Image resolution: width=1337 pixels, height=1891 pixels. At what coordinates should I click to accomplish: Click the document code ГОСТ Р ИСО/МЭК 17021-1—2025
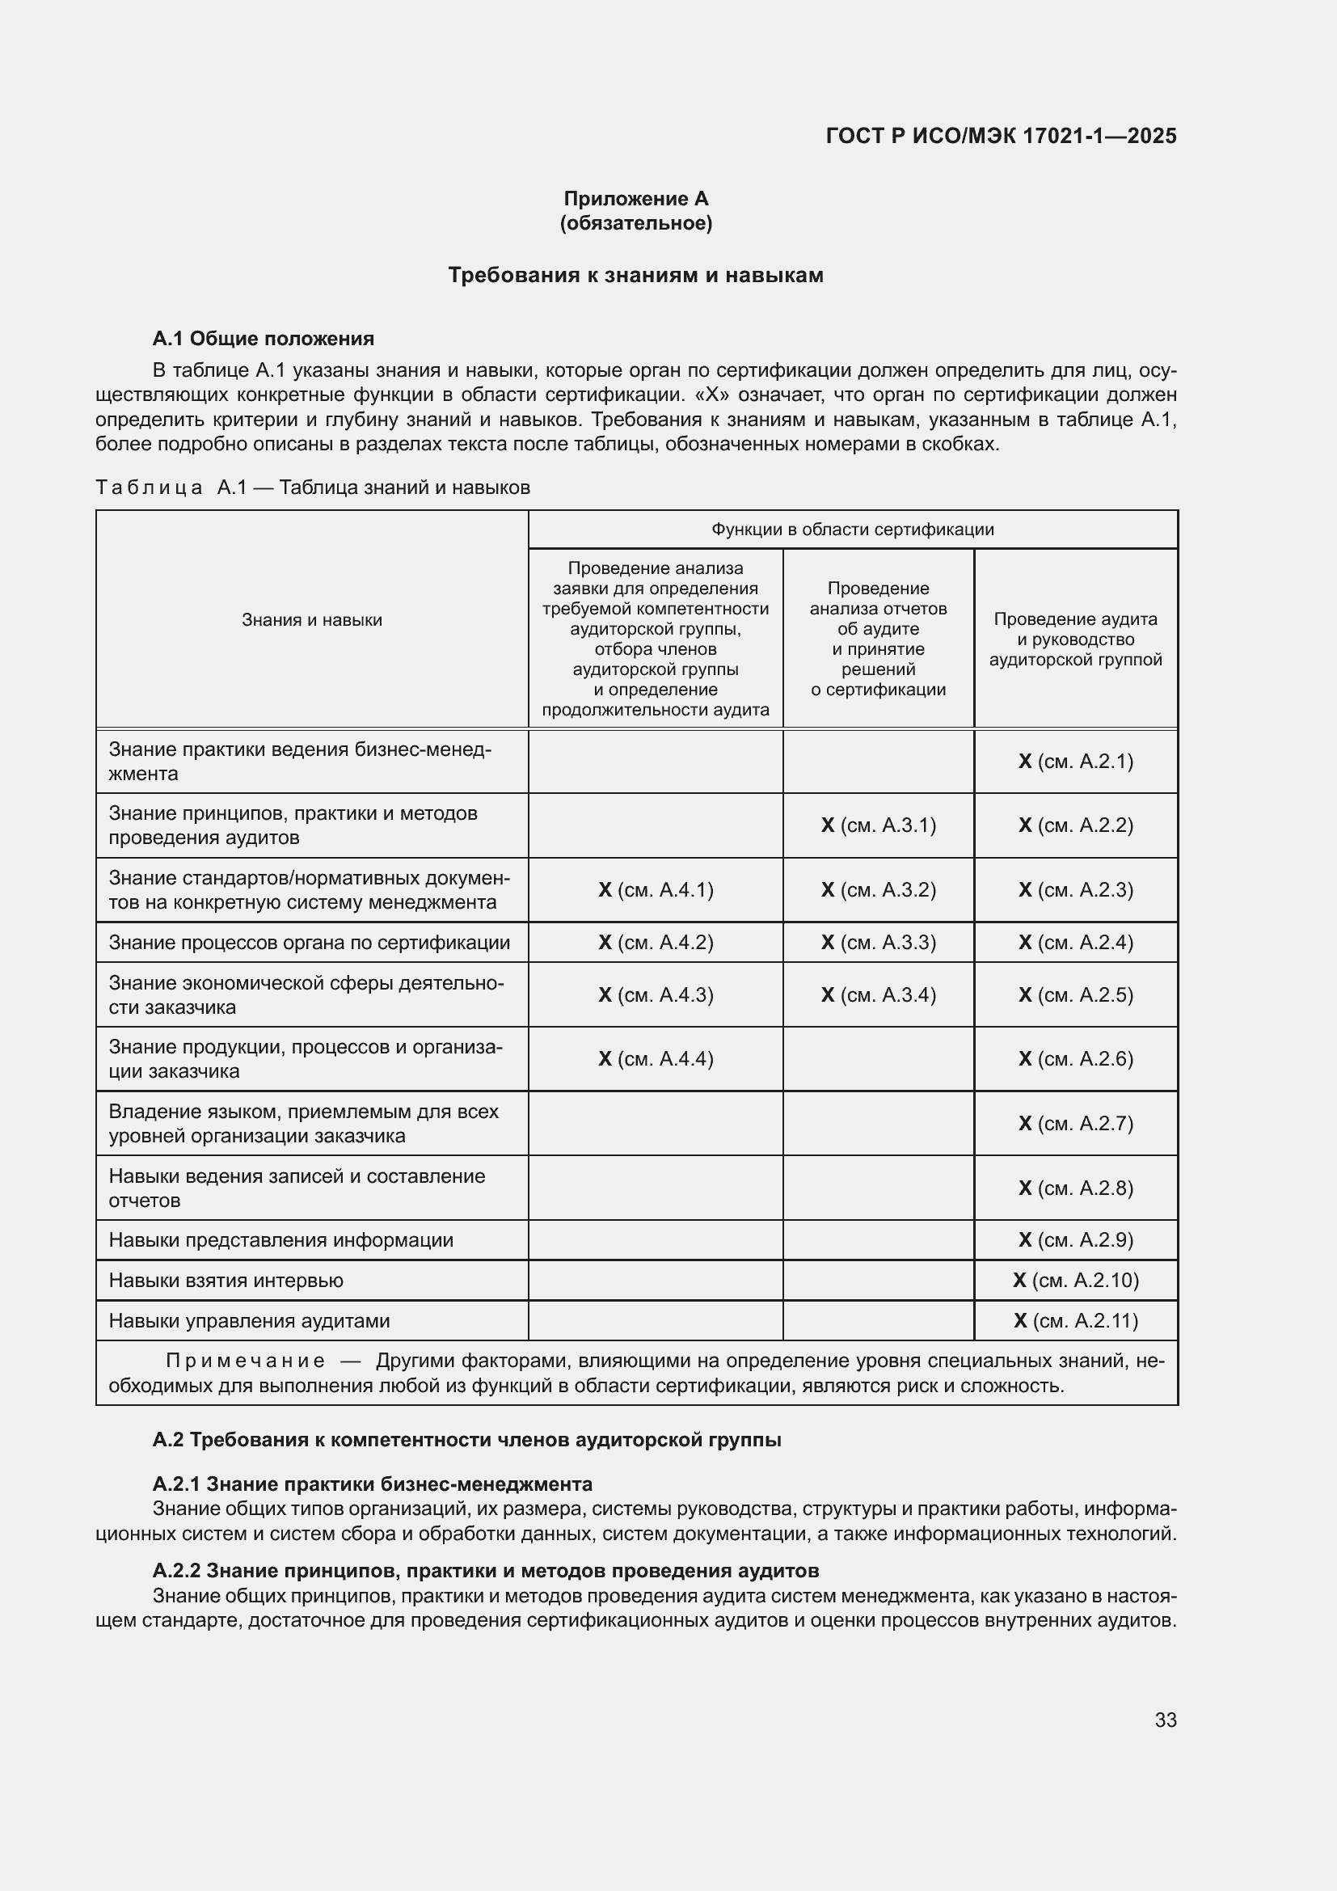pyautogui.click(x=1000, y=136)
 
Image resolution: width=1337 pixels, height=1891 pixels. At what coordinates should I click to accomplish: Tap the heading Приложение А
pyautogui.click(x=635, y=199)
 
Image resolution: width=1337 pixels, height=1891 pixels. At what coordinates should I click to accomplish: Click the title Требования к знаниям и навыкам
pyautogui.click(x=635, y=275)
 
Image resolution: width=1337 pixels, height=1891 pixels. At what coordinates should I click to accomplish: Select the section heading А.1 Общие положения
pyautogui.click(x=263, y=339)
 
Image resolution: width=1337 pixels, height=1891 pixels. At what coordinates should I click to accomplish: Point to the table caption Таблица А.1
pyautogui.click(x=312, y=488)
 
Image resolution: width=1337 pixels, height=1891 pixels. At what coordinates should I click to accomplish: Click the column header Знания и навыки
pyautogui.click(x=312, y=620)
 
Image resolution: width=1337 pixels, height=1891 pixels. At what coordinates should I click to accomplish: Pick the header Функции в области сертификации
pyautogui.click(x=852, y=530)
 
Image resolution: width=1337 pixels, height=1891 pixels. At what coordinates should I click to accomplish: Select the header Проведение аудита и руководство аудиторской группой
pyautogui.click(x=1075, y=639)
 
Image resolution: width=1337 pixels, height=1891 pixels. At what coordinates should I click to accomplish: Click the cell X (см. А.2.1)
pyautogui.click(x=1075, y=761)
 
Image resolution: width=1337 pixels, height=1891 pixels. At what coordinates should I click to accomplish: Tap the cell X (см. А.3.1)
pyautogui.click(x=879, y=825)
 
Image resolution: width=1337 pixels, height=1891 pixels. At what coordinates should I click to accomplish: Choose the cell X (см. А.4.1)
pyautogui.click(x=656, y=889)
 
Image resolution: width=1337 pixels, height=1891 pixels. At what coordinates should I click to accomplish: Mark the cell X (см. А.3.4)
pyautogui.click(x=879, y=995)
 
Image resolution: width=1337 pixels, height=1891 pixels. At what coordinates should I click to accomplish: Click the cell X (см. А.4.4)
pyautogui.click(x=656, y=1058)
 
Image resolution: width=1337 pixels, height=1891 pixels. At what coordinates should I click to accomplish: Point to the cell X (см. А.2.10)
pyautogui.click(x=1075, y=1280)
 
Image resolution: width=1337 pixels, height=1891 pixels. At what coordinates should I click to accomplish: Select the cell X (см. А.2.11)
pyautogui.click(x=1075, y=1320)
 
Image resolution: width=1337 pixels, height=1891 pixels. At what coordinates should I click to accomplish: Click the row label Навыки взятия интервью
pyautogui.click(x=226, y=1280)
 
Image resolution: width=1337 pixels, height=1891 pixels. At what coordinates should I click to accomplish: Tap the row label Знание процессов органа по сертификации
pyautogui.click(x=309, y=942)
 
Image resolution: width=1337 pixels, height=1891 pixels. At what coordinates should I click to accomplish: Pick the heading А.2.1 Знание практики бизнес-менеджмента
pyautogui.click(x=372, y=1484)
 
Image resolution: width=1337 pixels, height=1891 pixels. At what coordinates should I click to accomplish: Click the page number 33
pyautogui.click(x=1165, y=1720)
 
